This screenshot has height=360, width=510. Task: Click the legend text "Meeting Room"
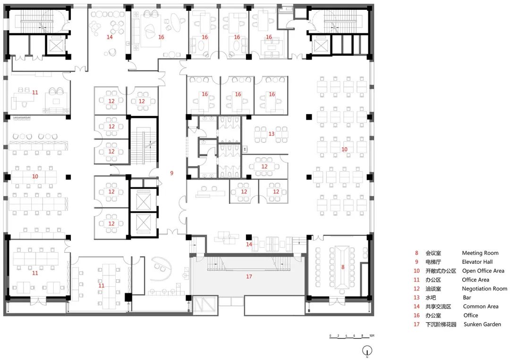coord(480,253)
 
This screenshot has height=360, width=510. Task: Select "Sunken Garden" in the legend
coord(482,324)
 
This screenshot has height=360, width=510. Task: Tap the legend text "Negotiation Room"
coord(484,289)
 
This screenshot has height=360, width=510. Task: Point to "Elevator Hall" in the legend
coord(477,262)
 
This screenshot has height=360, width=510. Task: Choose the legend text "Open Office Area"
coord(483,271)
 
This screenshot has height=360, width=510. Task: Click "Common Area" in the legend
coord(481,306)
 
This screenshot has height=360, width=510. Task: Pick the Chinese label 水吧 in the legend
coord(431,298)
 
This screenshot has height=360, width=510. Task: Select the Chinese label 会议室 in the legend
coord(433,253)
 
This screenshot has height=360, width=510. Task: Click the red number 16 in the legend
coord(416,316)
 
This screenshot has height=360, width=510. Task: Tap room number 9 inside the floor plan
coord(172,173)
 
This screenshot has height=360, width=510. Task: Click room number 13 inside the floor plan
coord(271,134)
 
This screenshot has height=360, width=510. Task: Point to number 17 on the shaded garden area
coord(249,276)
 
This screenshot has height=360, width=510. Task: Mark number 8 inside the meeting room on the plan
coord(343,267)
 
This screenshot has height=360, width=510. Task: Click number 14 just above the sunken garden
coord(249,244)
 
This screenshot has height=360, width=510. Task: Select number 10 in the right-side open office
coord(344,150)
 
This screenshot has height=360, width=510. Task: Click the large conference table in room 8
coord(342,268)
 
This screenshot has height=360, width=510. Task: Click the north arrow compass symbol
coord(367,351)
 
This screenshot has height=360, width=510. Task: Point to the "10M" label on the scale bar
coord(372,335)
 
